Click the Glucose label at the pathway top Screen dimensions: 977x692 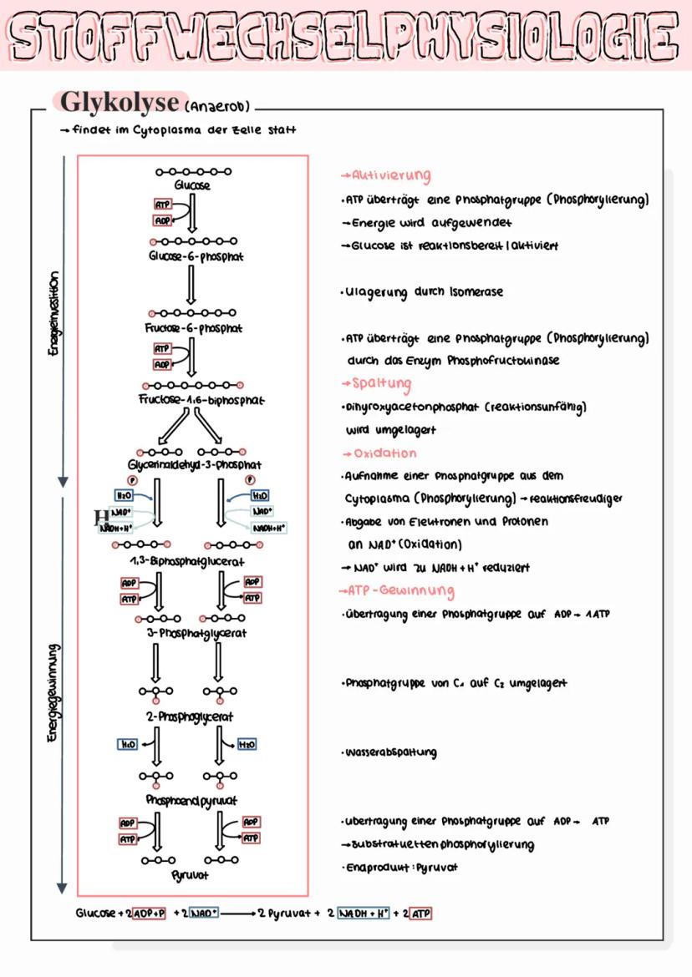pyautogui.click(x=192, y=185)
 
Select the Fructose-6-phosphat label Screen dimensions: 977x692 pyautogui.click(x=192, y=329)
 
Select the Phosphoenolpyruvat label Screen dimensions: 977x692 pyautogui.click(x=191, y=800)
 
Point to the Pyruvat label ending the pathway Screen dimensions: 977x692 pyautogui.click(x=188, y=875)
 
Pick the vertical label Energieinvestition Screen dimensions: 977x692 pyautogui.click(x=54, y=315)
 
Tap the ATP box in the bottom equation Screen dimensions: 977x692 pyautogui.click(x=421, y=914)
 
